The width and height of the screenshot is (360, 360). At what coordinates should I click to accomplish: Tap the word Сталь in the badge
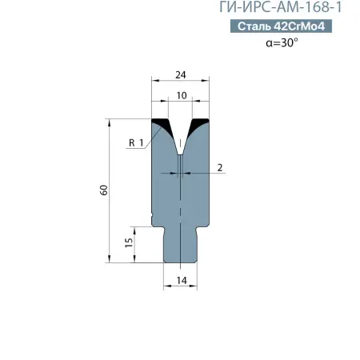[254, 27]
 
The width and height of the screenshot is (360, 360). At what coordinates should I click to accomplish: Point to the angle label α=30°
[282, 44]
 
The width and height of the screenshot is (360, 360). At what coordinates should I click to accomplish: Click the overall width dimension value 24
[181, 75]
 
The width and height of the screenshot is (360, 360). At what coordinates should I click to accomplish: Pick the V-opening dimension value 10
[182, 96]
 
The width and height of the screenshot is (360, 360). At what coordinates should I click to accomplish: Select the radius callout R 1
[135, 142]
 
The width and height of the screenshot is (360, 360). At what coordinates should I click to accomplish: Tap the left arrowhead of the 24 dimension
[155, 82]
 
